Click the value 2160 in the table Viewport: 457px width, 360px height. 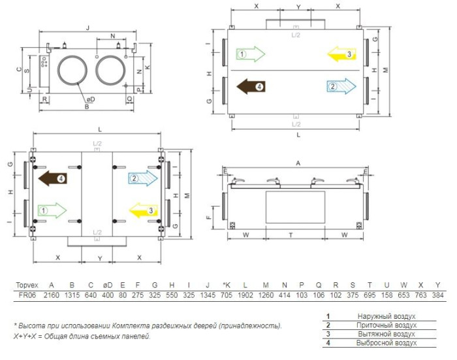[52, 295]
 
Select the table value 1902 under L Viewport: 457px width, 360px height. [245, 295]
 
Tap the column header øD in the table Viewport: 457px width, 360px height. [108, 286]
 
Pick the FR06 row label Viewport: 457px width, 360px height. [27, 295]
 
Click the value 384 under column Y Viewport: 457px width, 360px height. [438, 295]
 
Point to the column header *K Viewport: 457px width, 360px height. [226, 286]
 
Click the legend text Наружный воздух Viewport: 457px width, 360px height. [386, 316]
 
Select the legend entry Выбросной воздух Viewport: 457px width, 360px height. [386, 343]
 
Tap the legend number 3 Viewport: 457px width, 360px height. [328, 334]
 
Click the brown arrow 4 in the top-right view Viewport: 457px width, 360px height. [251, 87]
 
